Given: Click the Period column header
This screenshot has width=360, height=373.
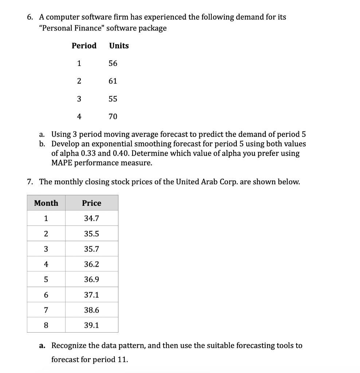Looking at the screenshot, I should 84,46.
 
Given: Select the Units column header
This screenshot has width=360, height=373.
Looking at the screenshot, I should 119,46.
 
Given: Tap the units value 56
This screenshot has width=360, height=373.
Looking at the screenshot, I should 113,63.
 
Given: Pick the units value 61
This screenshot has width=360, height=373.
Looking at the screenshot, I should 113,81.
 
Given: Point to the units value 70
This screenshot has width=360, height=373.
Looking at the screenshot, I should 113,117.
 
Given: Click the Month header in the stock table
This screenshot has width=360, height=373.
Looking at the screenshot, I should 46,203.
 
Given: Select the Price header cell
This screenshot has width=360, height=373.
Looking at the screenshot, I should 91,203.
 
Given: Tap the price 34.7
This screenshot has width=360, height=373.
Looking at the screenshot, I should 91,219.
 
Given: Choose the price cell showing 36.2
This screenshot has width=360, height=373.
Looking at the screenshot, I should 91,264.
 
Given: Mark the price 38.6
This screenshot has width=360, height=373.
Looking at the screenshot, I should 91,310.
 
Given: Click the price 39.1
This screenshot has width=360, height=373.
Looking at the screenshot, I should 91,326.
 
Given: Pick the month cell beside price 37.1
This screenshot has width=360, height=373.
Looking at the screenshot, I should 46,295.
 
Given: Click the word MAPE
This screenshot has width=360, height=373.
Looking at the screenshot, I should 63,163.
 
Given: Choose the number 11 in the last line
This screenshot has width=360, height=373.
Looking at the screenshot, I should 121,360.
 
